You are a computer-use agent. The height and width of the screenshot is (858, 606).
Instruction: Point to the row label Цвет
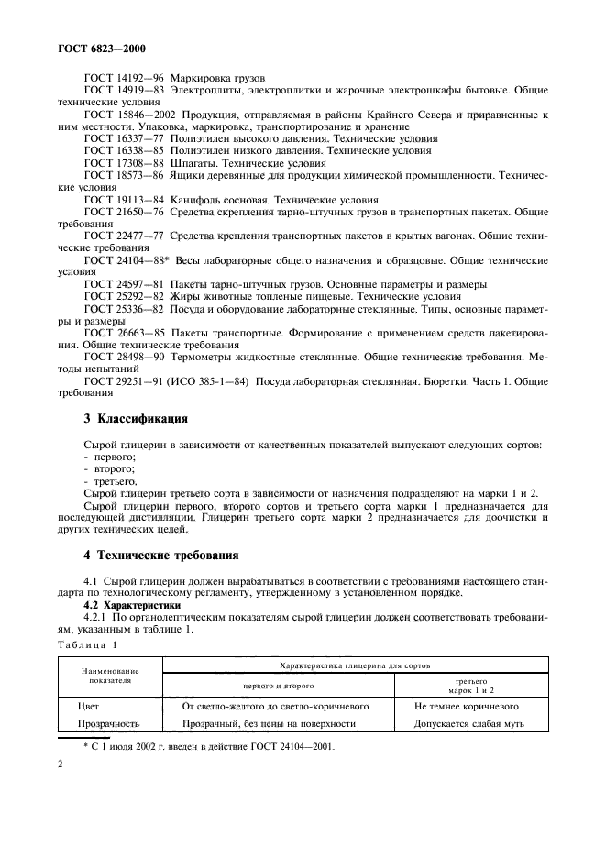click(x=89, y=707)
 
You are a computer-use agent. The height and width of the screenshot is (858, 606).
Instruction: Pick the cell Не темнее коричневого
click(x=467, y=707)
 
